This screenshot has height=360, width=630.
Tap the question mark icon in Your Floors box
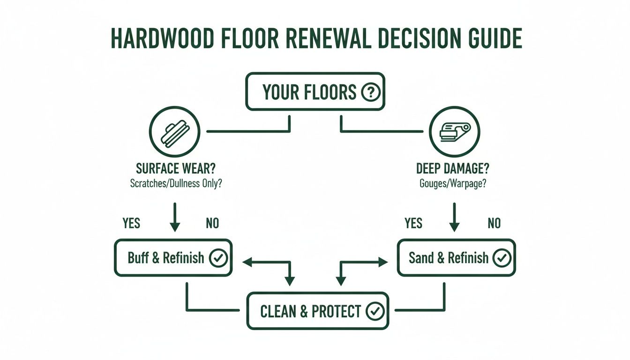click(x=370, y=92)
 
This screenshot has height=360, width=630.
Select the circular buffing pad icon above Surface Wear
click(x=174, y=131)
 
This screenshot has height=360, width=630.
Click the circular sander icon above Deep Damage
click(x=454, y=131)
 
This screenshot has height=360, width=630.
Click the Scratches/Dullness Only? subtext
click(x=176, y=183)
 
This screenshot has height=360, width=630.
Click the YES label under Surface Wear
click(x=131, y=223)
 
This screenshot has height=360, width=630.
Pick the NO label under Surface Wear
click(x=212, y=223)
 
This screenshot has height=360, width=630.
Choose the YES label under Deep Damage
click(x=413, y=223)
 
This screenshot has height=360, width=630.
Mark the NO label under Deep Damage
click(x=494, y=223)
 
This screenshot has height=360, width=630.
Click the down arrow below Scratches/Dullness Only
click(x=174, y=217)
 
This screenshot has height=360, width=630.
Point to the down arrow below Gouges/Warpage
click(x=454, y=217)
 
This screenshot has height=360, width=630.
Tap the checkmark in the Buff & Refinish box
click(x=218, y=258)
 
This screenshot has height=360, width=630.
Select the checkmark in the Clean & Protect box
click(x=375, y=311)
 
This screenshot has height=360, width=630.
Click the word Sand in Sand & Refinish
click(x=421, y=258)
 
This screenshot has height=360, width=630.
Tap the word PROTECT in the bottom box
click(x=336, y=311)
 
